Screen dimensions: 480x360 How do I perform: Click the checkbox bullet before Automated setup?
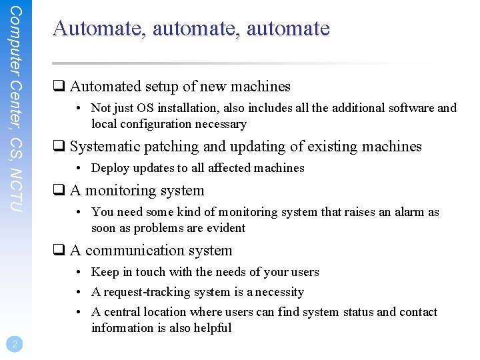(x=59, y=87)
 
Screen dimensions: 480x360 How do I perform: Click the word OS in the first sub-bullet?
(x=143, y=108)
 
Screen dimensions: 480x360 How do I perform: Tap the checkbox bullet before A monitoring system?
(x=59, y=191)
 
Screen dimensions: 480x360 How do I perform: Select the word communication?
(x=139, y=251)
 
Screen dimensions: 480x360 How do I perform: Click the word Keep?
(x=105, y=272)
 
